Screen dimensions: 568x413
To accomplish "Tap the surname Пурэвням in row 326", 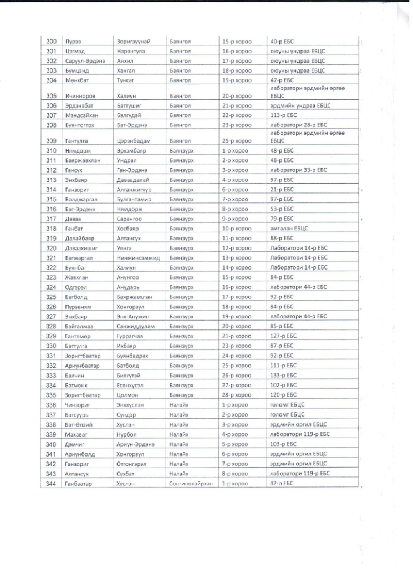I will click(78, 307).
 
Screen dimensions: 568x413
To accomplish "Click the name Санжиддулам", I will click(135, 326).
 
